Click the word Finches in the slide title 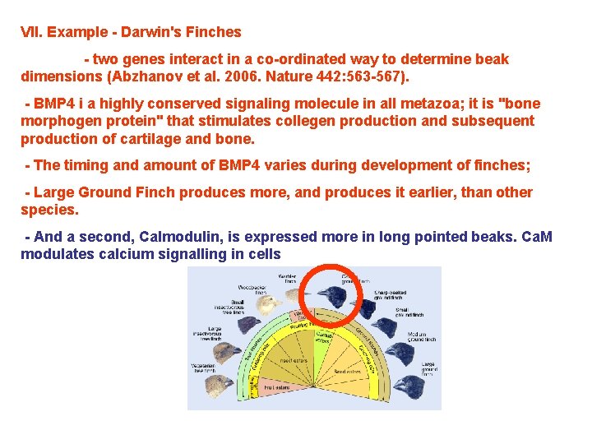click(213, 32)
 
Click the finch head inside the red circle click(333, 295)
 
